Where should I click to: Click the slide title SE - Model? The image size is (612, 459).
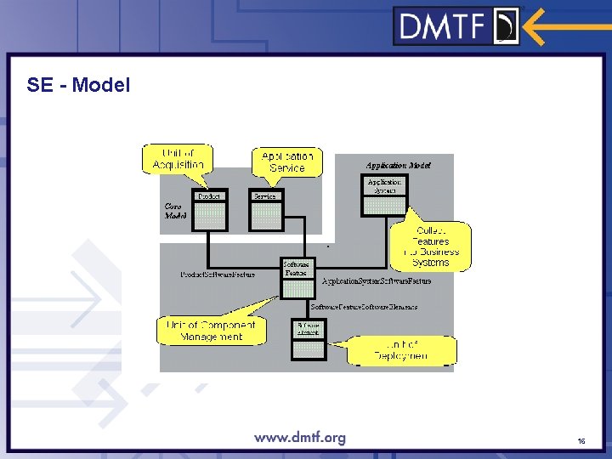(78, 85)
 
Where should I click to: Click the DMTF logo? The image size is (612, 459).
(456, 25)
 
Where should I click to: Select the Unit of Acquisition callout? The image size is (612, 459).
(178, 159)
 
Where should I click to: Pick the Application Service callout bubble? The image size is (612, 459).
(287, 161)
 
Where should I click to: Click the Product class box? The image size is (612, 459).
(209, 209)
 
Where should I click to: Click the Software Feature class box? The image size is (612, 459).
(297, 278)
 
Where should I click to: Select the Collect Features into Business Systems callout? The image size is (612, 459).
(432, 246)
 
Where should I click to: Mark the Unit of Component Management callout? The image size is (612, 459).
(212, 331)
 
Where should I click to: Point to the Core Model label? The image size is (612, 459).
(174, 211)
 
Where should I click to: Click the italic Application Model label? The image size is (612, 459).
(398, 165)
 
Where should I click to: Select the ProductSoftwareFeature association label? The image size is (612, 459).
(218, 275)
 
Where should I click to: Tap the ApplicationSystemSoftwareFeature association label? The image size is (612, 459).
(377, 280)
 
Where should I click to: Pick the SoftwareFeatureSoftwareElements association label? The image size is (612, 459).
(364, 306)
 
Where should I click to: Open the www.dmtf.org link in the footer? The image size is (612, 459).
(300, 438)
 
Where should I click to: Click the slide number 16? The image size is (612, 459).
(581, 441)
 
